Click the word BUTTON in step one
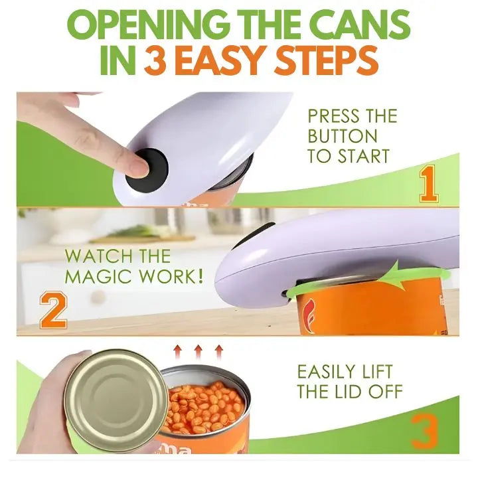(x=342, y=136)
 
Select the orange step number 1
(x=429, y=185)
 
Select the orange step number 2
(x=53, y=311)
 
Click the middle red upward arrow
(x=199, y=350)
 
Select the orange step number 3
(x=426, y=432)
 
